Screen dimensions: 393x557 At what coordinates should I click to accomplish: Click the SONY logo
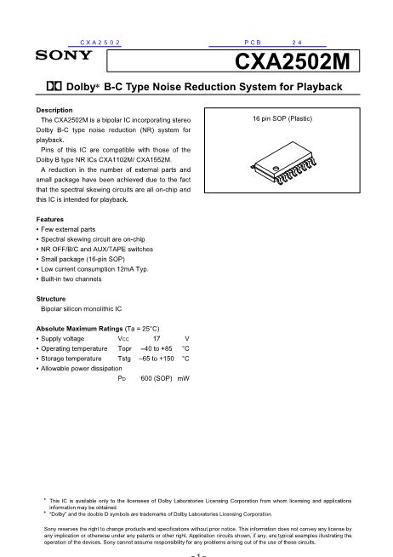(64, 55)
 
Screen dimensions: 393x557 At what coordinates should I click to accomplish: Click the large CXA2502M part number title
(293, 61)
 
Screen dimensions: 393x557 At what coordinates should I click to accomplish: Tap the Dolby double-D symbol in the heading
(54, 86)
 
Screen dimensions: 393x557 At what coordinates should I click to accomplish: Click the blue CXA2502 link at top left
(100, 43)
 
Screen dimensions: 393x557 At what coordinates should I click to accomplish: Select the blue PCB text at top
(253, 43)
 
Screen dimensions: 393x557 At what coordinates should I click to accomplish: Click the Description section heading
(54, 110)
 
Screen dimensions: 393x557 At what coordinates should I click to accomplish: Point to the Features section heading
(50, 219)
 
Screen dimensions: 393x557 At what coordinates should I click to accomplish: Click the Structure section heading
(51, 299)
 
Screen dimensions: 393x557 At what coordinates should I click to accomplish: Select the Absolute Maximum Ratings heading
(79, 329)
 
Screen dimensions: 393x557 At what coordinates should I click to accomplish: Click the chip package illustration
(284, 163)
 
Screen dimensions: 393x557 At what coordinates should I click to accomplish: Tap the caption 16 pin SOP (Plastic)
(282, 118)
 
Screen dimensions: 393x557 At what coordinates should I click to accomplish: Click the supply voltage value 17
(157, 338)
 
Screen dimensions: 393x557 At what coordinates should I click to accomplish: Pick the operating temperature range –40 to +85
(157, 348)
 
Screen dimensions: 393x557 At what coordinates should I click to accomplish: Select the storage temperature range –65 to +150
(157, 359)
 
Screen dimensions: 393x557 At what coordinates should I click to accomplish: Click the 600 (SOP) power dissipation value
(157, 378)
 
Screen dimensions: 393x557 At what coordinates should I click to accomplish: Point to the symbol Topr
(124, 349)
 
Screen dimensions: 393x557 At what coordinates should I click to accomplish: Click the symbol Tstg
(124, 359)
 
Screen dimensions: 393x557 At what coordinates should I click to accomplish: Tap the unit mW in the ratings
(184, 378)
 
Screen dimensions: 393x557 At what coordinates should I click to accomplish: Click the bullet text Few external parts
(68, 229)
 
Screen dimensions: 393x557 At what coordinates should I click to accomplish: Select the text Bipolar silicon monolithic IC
(81, 308)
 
